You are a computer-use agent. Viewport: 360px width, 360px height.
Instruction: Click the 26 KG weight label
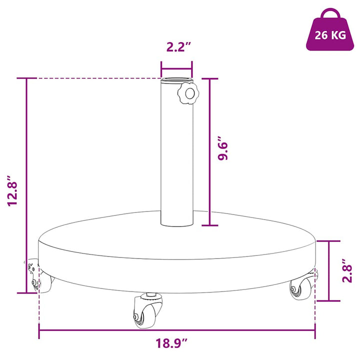(x=330, y=35)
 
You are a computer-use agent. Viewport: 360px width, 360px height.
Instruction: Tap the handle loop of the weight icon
(x=330, y=10)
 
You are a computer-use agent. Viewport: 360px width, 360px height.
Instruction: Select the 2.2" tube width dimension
(x=178, y=47)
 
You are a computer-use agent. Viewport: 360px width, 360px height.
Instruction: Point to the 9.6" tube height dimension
(x=222, y=148)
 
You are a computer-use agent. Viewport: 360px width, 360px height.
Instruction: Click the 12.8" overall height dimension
(x=12, y=191)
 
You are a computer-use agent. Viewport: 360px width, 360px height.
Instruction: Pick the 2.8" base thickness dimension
(x=347, y=270)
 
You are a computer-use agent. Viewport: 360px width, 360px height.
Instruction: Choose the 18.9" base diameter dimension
(x=172, y=343)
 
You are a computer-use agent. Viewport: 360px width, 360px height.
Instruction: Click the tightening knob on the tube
(x=188, y=93)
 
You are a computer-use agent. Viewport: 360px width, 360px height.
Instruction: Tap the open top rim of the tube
(x=177, y=80)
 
